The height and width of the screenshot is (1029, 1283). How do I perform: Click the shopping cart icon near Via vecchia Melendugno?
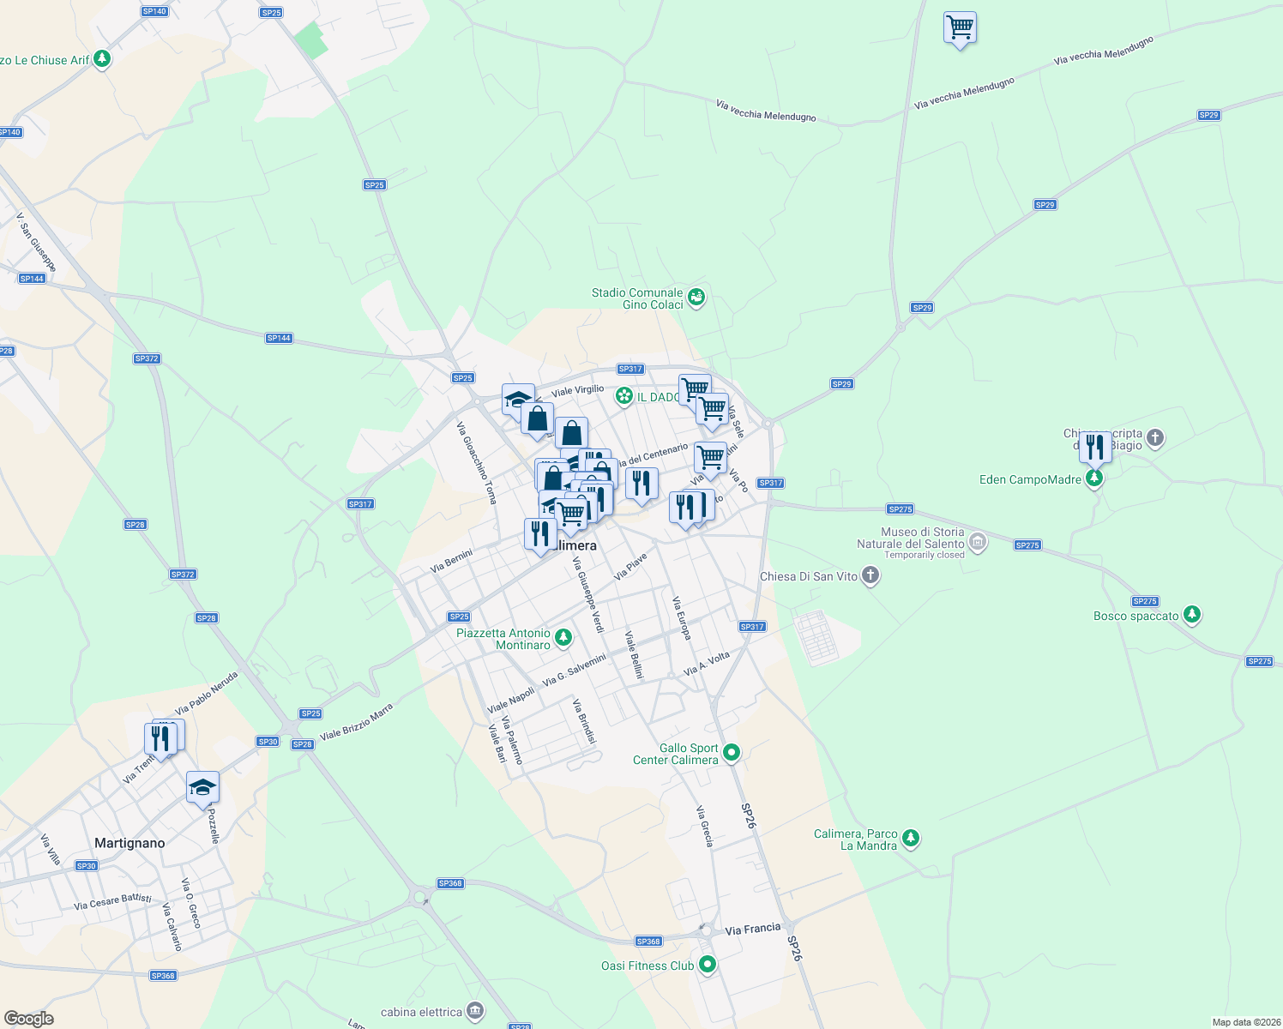(x=960, y=27)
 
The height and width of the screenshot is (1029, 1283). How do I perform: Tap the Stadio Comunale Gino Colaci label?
(x=637, y=298)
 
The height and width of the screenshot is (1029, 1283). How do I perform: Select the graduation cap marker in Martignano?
(x=202, y=787)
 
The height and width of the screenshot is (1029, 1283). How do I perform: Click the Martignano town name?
(x=130, y=843)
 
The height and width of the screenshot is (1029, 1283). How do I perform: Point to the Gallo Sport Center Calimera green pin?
(x=732, y=753)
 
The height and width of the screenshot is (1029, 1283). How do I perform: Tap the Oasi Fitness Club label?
(x=648, y=966)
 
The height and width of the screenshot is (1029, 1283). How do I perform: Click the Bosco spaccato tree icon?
(x=1191, y=615)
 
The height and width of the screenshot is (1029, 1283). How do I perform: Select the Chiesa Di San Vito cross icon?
(x=870, y=575)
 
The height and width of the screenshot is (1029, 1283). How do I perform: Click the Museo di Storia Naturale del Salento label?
(x=911, y=538)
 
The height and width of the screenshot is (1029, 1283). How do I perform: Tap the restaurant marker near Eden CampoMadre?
(x=1095, y=446)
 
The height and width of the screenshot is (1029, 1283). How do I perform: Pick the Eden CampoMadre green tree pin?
(x=1093, y=478)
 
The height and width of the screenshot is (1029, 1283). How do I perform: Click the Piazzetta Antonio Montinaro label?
(x=503, y=639)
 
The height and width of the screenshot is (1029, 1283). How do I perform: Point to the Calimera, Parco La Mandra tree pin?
(x=911, y=839)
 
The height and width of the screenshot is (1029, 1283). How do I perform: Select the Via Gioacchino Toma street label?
(x=477, y=463)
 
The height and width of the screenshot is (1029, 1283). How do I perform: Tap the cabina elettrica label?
(x=421, y=1012)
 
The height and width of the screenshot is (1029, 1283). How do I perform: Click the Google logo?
(x=28, y=1019)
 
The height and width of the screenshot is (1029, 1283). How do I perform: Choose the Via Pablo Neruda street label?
(x=206, y=693)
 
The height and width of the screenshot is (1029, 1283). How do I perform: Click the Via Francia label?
(x=753, y=929)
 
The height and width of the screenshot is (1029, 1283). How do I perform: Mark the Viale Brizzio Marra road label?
(x=356, y=722)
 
